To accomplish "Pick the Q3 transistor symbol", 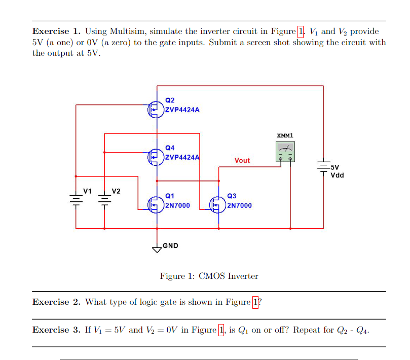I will coord(217,204).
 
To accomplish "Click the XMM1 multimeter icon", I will coord(285,152).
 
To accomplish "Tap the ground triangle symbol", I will coord(156,248).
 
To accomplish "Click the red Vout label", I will coord(242,160).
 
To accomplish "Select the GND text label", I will coord(171,246).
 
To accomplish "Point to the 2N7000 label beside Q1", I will coord(178,205).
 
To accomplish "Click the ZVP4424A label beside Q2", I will coord(182,109).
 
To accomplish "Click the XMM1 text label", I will coord(285,136).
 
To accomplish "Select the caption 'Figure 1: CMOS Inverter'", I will coord(209,276).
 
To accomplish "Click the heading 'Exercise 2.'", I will coord(56,302).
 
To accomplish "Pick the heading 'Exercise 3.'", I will coord(56,330).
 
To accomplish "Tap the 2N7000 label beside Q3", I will coord(239,205).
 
